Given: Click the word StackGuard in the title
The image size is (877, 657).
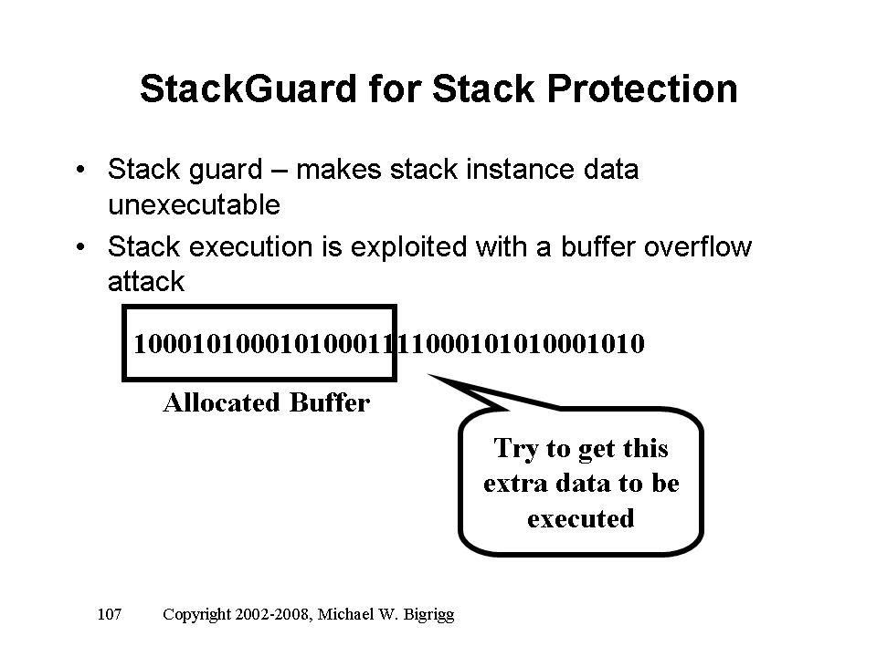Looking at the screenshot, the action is [x=248, y=89].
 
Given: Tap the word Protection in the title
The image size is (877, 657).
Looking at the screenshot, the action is [x=642, y=89].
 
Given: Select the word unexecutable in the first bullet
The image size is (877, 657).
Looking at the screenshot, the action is [x=194, y=204].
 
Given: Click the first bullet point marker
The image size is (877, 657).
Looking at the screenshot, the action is [x=81, y=169].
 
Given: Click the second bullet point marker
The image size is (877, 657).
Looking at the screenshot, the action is [x=81, y=245].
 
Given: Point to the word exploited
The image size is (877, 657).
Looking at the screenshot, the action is [x=408, y=247].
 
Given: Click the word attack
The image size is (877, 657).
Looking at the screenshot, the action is [x=146, y=281].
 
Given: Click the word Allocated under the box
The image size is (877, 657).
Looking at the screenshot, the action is [x=221, y=402].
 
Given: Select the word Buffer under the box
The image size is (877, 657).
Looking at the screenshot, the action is [x=330, y=402].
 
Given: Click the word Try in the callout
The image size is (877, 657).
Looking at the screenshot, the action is [x=515, y=449].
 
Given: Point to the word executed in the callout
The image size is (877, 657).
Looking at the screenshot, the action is [x=581, y=519].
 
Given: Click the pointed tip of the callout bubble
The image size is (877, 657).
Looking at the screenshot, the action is [x=429, y=375].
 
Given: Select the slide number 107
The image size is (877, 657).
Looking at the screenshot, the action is [x=109, y=614].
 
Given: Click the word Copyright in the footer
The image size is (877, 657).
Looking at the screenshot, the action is [x=196, y=614].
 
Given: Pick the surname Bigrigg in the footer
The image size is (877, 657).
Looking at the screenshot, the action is [x=428, y=615].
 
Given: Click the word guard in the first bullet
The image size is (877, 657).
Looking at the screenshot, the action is [x=225, y=170].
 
